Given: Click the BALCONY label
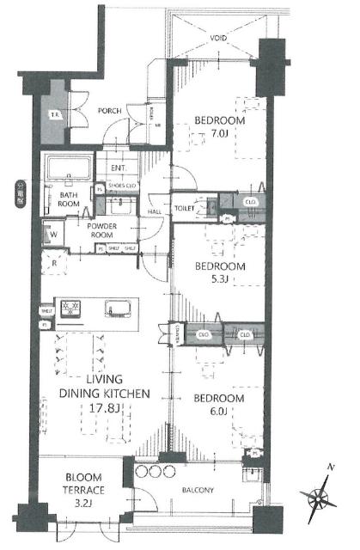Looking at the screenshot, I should [x=200, y=491].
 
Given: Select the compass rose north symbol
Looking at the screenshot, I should [x=320, y=496].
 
